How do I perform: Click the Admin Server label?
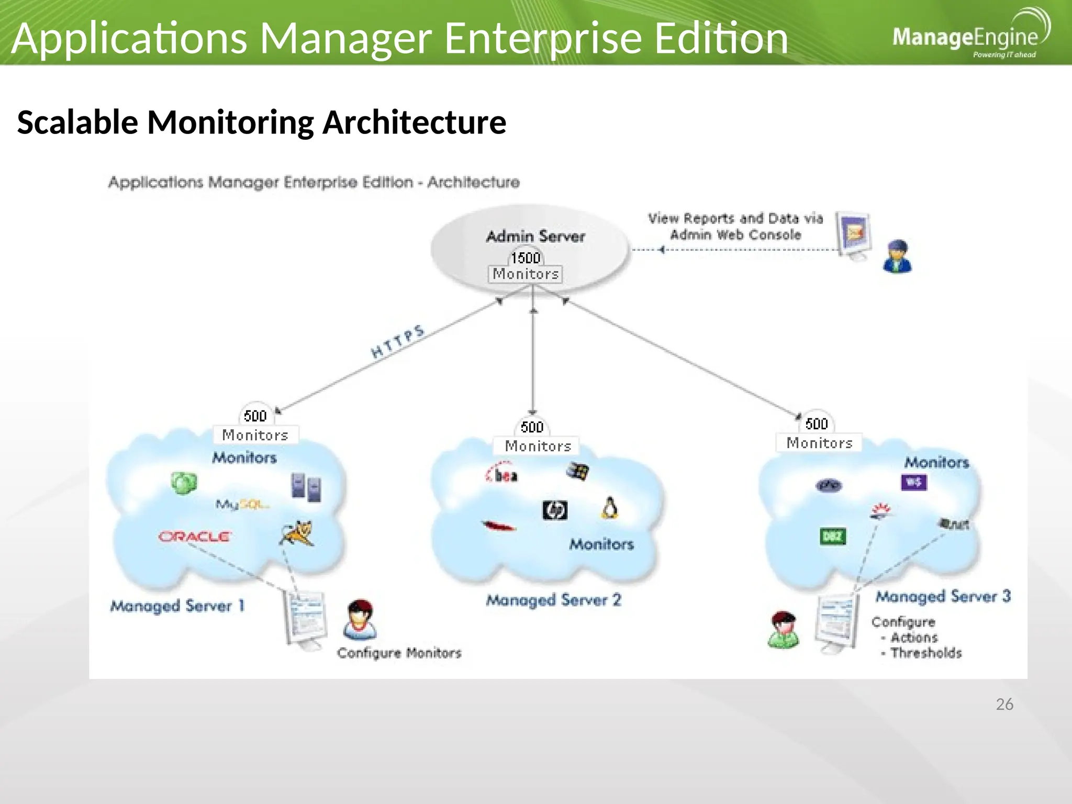click(535, 237)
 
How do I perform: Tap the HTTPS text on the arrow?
click(398, 342)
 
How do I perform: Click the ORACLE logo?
click(195, 537)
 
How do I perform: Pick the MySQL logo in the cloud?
click(242, 505)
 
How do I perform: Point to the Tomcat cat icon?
click(297, 533)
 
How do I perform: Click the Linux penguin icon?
click(609, 508)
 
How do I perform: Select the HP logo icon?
click(555, 510)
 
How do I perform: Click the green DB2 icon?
click(832, 537)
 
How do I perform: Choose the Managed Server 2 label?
click(553, 600)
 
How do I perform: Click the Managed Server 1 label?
click(177, 606)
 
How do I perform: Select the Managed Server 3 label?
click(943, 597)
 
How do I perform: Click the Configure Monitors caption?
click(399, 653)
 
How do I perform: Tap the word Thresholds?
click(925, 653)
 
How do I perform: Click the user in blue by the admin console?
click(897, 256)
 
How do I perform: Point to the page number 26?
click(1004, 705)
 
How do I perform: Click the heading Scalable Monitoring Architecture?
click(262, 122)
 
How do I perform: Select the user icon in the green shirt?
click(784, 630)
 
